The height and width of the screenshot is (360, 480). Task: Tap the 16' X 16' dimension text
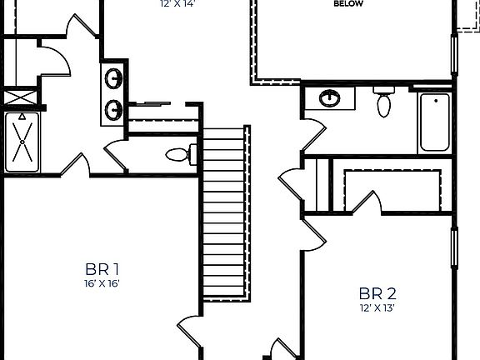(x=102, y=283)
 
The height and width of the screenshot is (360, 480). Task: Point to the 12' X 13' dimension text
(x=377, y=307)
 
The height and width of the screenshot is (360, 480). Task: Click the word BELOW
(x=347, y=3)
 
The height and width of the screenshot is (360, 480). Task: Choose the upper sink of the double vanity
(x=114, y=80)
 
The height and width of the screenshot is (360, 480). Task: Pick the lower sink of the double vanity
(x=114, y=107)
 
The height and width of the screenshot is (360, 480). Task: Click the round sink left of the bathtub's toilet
(x=330, y=98)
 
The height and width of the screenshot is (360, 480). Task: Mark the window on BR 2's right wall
(x=454, y=249)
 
